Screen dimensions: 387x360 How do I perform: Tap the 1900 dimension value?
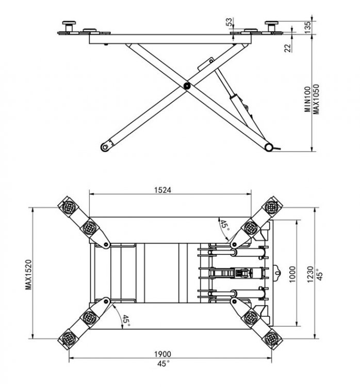(162, 354)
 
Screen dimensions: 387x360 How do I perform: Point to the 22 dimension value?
(288, 48)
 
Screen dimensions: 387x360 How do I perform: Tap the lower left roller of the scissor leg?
(106, 146)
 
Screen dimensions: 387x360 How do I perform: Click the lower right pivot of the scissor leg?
(268, 148)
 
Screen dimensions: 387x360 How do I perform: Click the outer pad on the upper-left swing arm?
(68, 207)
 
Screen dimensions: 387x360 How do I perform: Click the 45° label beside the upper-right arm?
(224, 225)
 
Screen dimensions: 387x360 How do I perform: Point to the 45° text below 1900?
(162, 364)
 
